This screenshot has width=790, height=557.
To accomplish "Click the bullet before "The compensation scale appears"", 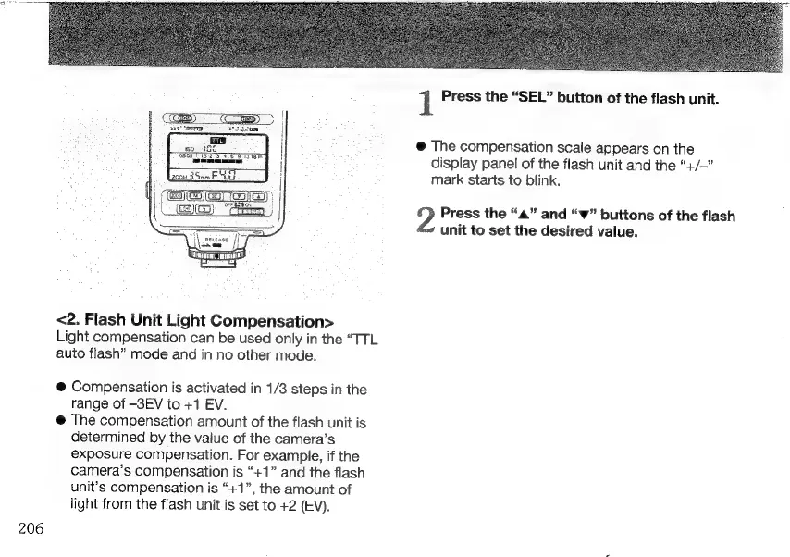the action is coord(420,147).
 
